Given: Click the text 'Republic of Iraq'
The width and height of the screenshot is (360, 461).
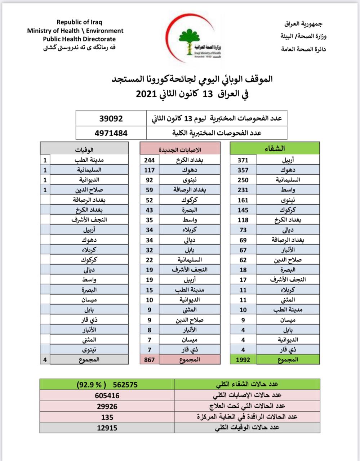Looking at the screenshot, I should pyautogui.click(x=79, y=22).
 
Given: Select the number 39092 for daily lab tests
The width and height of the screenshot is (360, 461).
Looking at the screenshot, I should pyautogui.click(x=111, y=118).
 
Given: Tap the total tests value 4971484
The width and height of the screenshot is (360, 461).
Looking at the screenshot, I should pyautogui.click(x=111, y=133).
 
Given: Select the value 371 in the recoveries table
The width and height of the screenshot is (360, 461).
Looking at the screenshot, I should pyautogui.click(x=243, y=160).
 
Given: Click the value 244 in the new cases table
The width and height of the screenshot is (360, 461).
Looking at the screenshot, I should pyautogui.click(x=150, y=160).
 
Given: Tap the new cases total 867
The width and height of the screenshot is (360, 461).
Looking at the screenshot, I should pyautogui.click(x=149, y=359).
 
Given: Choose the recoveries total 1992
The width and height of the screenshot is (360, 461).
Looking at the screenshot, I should pyautogui.click(x=243, y=359).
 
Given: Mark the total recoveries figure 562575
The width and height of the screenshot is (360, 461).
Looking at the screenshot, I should pyautogui.click(x=125, y=385).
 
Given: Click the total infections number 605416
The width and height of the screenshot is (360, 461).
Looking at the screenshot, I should pyautogui.click(x=107, y=395).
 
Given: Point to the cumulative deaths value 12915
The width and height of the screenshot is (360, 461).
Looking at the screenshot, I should pyautogui.click(x=107, y=428).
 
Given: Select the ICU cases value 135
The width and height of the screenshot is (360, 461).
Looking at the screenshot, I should pyautogui.click(x=107, y=417).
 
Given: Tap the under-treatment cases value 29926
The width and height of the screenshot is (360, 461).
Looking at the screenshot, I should pyautogui.click(x=107, y=406).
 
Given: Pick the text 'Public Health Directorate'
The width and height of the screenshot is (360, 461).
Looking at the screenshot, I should pyautogui.click(x=79, y=39).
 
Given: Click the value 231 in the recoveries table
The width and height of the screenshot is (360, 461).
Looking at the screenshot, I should pyautogui.click(x=243, y=190).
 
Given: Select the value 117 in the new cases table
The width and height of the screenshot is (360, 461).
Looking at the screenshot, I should pyautogui.click(x=150, y=170).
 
